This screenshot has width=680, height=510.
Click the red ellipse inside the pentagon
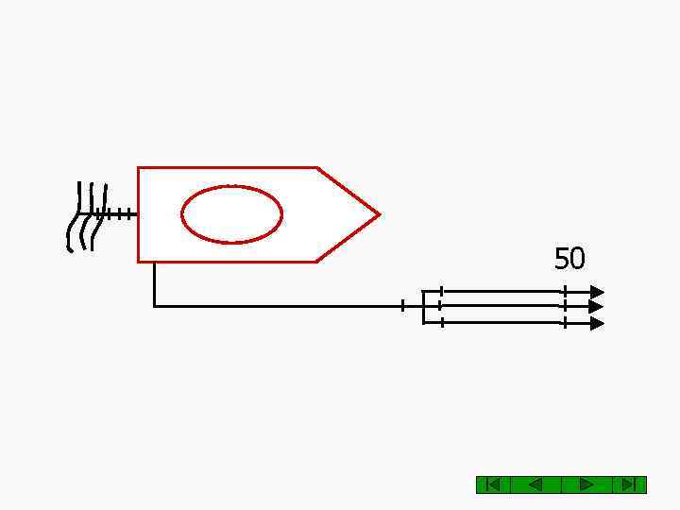232,187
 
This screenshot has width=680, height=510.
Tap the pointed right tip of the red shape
381,214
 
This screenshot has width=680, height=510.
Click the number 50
569,259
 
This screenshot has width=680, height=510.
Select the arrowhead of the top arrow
597,292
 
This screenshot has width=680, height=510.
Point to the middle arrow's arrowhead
596,307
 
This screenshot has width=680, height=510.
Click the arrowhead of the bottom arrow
597,324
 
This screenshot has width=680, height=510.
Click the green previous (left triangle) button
536,484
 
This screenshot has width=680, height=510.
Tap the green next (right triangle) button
586,484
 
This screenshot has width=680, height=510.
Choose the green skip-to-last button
629,484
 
